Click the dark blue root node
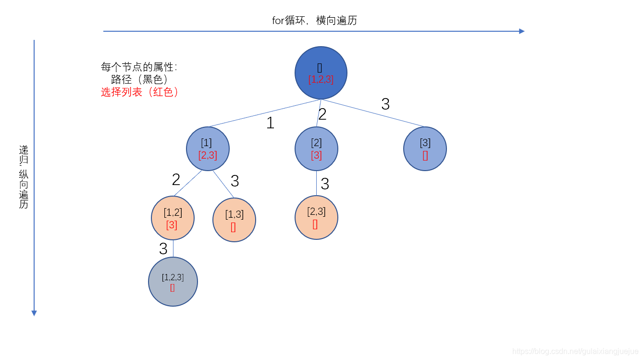(321, 73)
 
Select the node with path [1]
(208, 149)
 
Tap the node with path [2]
(316, 149)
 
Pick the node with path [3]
(425, 149)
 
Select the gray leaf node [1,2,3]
(173, 282)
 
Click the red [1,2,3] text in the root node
(321, 80)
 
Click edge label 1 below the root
(270, 123)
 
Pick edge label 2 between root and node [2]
(322, 114)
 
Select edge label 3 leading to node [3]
(385, 104)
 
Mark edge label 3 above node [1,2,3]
(163, 249)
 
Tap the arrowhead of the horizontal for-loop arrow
(522, 31)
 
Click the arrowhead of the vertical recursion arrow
(34, 313)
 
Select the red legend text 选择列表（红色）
(139, 92)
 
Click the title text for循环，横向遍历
(314, 21)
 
